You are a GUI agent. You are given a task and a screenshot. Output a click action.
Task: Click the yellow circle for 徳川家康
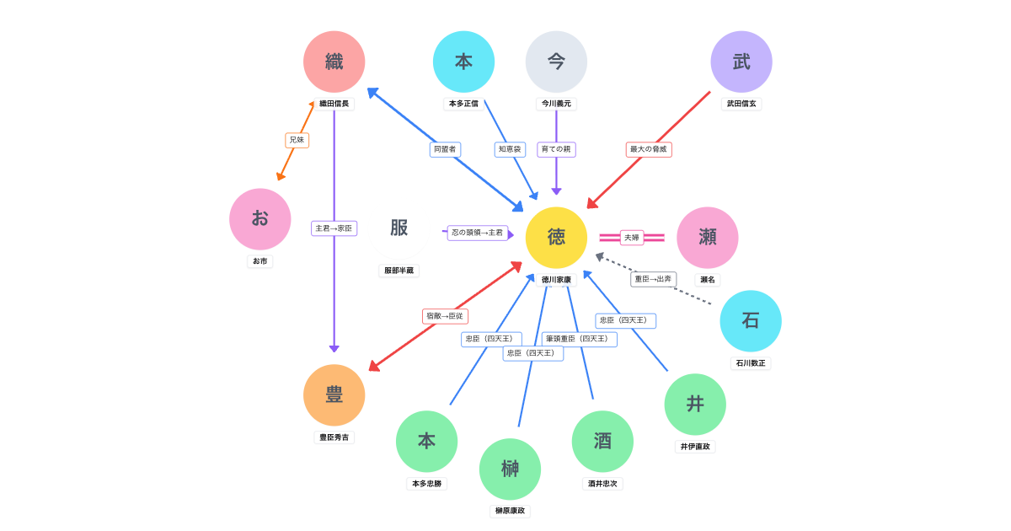(x=556, y=238)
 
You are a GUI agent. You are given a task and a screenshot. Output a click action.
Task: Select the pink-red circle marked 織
(x=334, y=62)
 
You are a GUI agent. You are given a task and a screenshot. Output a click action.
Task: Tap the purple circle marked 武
(x=741, y=62)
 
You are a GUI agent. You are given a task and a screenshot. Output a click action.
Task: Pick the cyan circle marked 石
(x=751, y=321)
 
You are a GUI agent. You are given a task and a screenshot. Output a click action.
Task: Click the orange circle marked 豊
(x=334, y=395)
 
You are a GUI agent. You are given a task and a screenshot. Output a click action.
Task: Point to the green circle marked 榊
(x=510, y=469)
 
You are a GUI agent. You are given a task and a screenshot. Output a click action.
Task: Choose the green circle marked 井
(x=695, y=405)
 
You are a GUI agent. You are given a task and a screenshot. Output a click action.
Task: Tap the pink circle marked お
(x=260, y=219)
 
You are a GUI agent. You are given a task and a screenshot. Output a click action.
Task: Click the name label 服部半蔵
(x=399, y=271)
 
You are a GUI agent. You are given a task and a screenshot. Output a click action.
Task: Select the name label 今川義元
(x=556, y=104)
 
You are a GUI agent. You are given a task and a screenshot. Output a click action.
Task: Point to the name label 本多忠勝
(x=426, y=484)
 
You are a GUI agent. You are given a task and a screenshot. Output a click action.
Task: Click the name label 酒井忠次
(x=602, y=484)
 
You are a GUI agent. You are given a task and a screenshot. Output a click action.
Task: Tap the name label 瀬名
(x=708, y=280)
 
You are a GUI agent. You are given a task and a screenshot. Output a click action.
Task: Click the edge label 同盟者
(x=445, y=149)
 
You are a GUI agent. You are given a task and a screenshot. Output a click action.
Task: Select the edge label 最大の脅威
(x=649, y=149)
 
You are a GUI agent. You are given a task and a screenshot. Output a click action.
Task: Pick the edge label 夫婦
(x=632, y=238)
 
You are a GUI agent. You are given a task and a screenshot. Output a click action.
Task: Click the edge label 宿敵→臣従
(x=445, y=316)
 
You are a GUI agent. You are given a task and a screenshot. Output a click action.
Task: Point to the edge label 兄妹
(x=297, y=140)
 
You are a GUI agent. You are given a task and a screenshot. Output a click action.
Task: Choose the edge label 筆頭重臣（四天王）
(x=579, y=339)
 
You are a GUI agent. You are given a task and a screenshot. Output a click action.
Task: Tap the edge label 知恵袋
(x=510, y=149)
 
